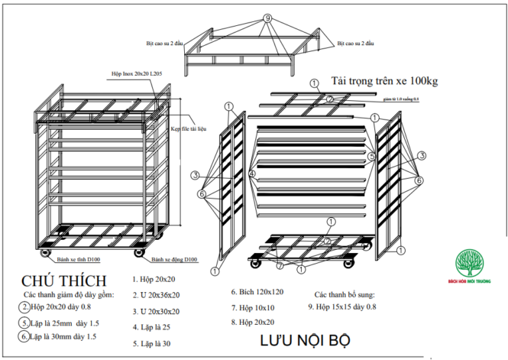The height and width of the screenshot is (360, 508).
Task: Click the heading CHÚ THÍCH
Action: (x=64, y=281)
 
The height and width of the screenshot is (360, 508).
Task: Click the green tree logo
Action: (x=471, y=263)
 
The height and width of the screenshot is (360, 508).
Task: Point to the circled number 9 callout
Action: (x=267, y=17)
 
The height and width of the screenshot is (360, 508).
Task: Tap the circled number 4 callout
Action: (x=251, y=174)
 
